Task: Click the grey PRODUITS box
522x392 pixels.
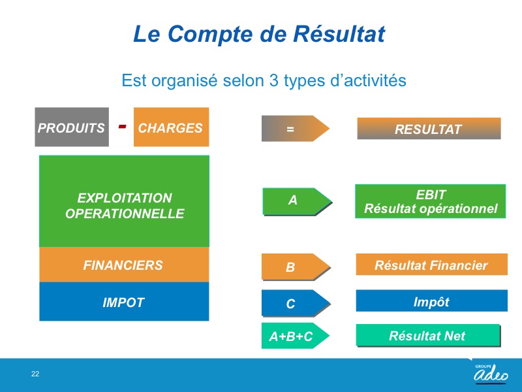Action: (72, 127)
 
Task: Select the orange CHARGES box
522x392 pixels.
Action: (171, 127)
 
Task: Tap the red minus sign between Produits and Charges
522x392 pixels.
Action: (122, 126)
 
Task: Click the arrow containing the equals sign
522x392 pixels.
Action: (296, 129)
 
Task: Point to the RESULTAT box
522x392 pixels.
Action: (429, 129)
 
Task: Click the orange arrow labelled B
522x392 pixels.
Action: (296, 267)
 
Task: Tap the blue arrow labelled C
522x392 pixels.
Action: (296, 303)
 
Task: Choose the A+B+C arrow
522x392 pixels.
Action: (296, 336)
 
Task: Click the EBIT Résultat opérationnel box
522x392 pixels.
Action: (431, 201)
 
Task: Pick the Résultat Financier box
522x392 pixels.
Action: (432, 265)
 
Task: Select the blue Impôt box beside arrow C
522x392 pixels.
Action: (432, 301)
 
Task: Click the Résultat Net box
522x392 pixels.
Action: (429, 335)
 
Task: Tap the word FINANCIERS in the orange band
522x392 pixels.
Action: (123, 265)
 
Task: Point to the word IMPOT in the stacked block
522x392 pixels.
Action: (123, 302)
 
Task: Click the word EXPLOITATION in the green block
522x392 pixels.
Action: (125, 198)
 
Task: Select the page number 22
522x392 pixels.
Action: (35, 374)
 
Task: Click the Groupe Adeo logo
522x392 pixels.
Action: (491, 373)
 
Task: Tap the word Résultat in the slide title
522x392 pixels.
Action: (339, 34)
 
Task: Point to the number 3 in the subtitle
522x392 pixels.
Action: (273, 80)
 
